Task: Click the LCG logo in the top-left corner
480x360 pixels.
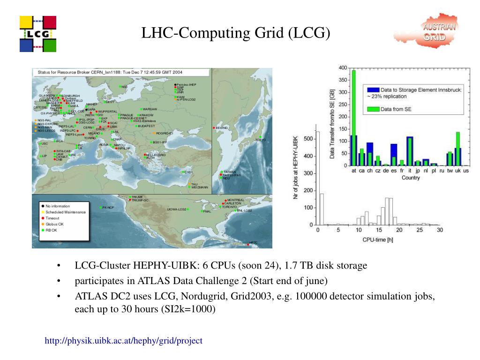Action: coord(37,34)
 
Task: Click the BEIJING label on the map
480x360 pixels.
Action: coord(222,128)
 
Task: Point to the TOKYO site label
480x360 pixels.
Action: coord(261,140)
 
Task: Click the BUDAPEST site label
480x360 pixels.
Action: coord(146,126)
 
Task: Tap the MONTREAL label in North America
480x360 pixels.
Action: coord(235,200)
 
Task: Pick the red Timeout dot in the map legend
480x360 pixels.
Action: coord(43,218)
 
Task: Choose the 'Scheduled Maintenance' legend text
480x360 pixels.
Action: coord(66,212)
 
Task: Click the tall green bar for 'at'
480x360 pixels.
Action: coord(354,117)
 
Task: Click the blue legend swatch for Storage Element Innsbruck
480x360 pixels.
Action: coord(373,90)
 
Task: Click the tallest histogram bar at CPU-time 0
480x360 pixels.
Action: coord(318,178)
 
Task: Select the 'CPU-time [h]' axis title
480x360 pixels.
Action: coord(378,240)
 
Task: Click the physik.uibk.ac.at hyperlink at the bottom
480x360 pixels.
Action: coord(123,341)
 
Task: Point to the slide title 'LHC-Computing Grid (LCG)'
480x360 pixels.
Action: coord(236,33)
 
